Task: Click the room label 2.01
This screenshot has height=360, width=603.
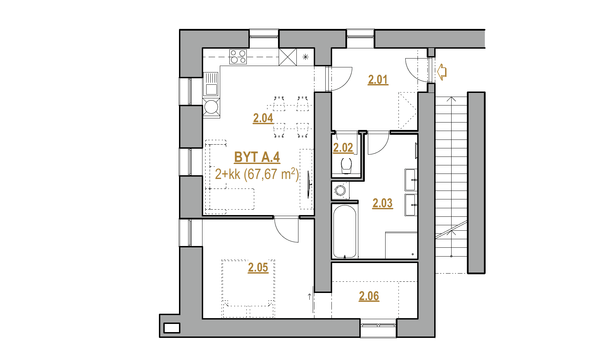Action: [378, 80]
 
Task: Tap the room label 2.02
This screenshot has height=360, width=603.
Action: [343, 148]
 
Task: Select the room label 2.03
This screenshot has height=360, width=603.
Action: [382, 203]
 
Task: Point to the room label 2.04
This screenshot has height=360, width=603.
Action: [263, 118]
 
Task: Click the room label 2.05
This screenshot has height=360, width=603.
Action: [258, 267]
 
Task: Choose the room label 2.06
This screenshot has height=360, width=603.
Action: [369, 296]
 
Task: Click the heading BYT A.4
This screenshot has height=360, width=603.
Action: [257, 157]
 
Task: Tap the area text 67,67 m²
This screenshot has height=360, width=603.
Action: [273, 174]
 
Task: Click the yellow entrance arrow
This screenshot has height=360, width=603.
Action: [442, 72]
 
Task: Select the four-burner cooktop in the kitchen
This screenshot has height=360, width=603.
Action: [238, 57]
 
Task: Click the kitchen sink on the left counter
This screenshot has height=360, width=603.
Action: [211, 84]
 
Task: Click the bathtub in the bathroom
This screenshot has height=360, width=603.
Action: [345, 231]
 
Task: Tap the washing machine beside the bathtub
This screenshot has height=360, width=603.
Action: [341, 190]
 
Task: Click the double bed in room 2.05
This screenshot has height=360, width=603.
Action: [248, 288]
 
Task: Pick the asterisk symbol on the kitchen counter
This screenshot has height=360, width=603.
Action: [305, 57]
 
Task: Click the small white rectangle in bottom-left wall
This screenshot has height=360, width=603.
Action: [172, 328]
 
